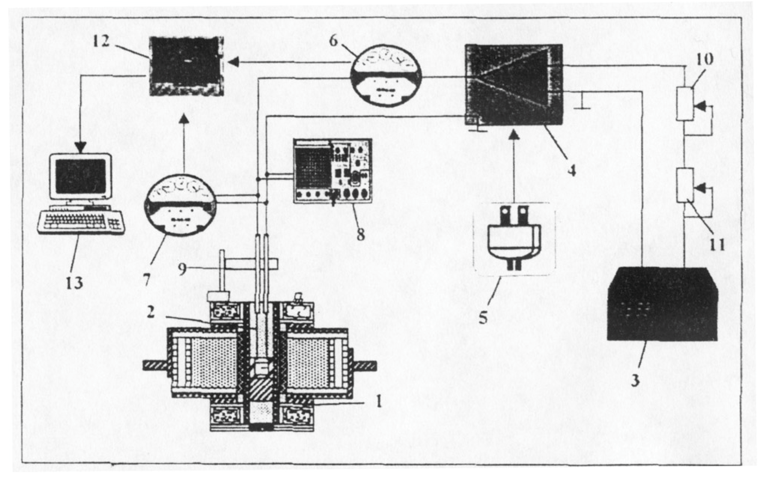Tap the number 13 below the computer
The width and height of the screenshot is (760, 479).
(74, 283)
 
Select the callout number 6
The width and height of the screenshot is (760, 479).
(333, 41)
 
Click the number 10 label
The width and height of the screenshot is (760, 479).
(704, 59)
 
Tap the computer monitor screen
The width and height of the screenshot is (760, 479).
(81, 177)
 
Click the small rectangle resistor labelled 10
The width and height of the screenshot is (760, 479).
(685, 104)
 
